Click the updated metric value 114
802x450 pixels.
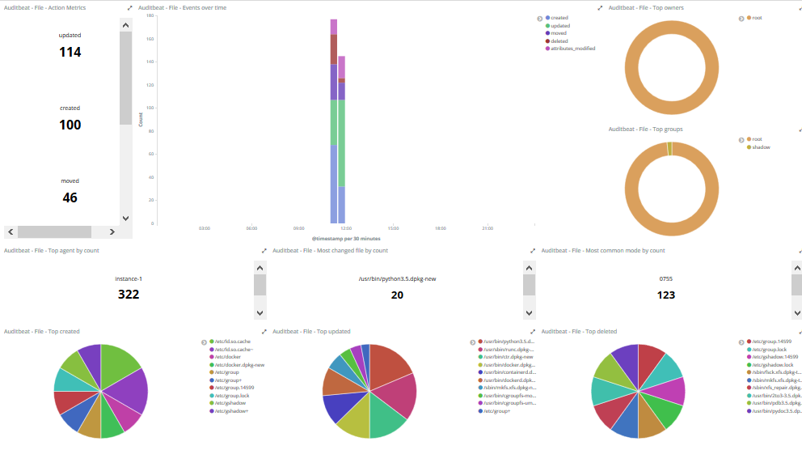70,52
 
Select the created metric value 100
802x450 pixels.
70,125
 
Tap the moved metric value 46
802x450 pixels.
70,197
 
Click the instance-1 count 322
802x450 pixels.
129,295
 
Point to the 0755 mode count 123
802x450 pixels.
665,295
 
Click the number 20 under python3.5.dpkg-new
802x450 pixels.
397,295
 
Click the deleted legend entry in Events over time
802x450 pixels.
559,40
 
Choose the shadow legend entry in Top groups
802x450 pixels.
761,146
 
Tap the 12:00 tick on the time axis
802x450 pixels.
346,228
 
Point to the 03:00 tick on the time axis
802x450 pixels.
205,228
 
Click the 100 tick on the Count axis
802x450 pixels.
150,108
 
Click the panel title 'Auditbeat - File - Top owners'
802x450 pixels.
644,7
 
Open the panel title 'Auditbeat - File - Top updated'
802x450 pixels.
311,331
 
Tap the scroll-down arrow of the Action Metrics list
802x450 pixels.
125,218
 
